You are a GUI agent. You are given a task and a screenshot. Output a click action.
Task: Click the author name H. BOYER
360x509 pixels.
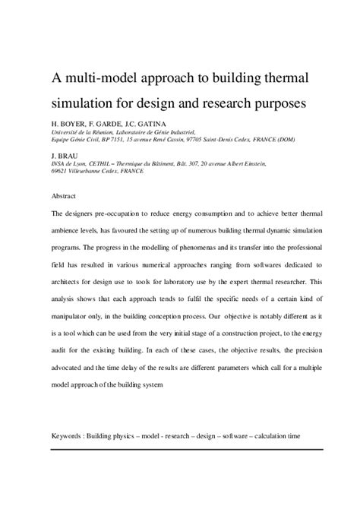[70, 122]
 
